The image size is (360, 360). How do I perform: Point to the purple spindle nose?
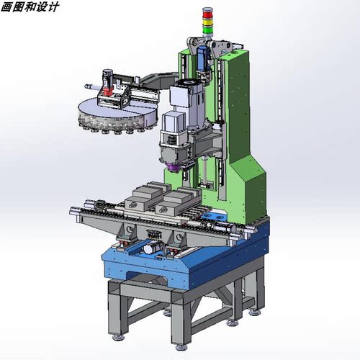pos(173,167)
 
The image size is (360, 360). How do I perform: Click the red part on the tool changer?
pos(108,91)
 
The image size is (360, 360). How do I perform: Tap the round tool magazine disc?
pos(117,114)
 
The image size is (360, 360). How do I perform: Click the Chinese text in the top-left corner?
pos(30,6)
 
